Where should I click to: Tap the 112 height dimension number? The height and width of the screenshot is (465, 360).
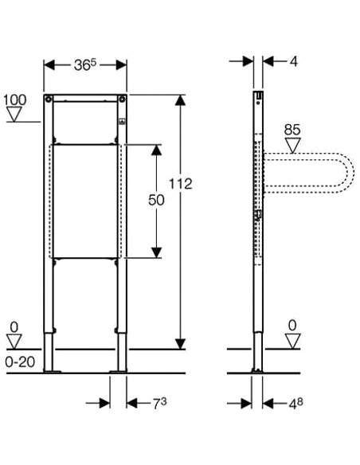pos(181,184)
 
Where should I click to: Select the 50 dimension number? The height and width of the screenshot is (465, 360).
pos(156,200)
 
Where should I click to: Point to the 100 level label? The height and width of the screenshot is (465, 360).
pos(15,100)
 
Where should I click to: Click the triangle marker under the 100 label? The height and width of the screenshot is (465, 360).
pos(14,114)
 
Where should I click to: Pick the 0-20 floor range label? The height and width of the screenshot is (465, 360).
pos(20,361)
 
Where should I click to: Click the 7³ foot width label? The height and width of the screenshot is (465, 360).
pos(160,404)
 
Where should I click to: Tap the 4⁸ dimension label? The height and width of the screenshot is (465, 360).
pos(296,404)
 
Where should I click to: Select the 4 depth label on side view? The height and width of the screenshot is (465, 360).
pos(293,61)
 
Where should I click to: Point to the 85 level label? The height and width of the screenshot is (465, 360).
pos(292,130)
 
